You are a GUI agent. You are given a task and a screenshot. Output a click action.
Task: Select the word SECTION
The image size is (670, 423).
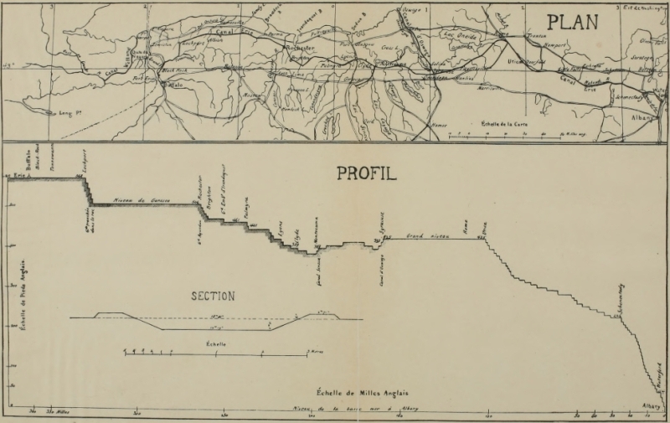coord(213,296)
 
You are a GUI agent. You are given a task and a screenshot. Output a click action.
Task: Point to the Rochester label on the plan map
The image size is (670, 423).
coord(299,48)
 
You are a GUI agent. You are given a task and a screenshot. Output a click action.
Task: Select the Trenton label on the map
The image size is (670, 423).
coord(533,38)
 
